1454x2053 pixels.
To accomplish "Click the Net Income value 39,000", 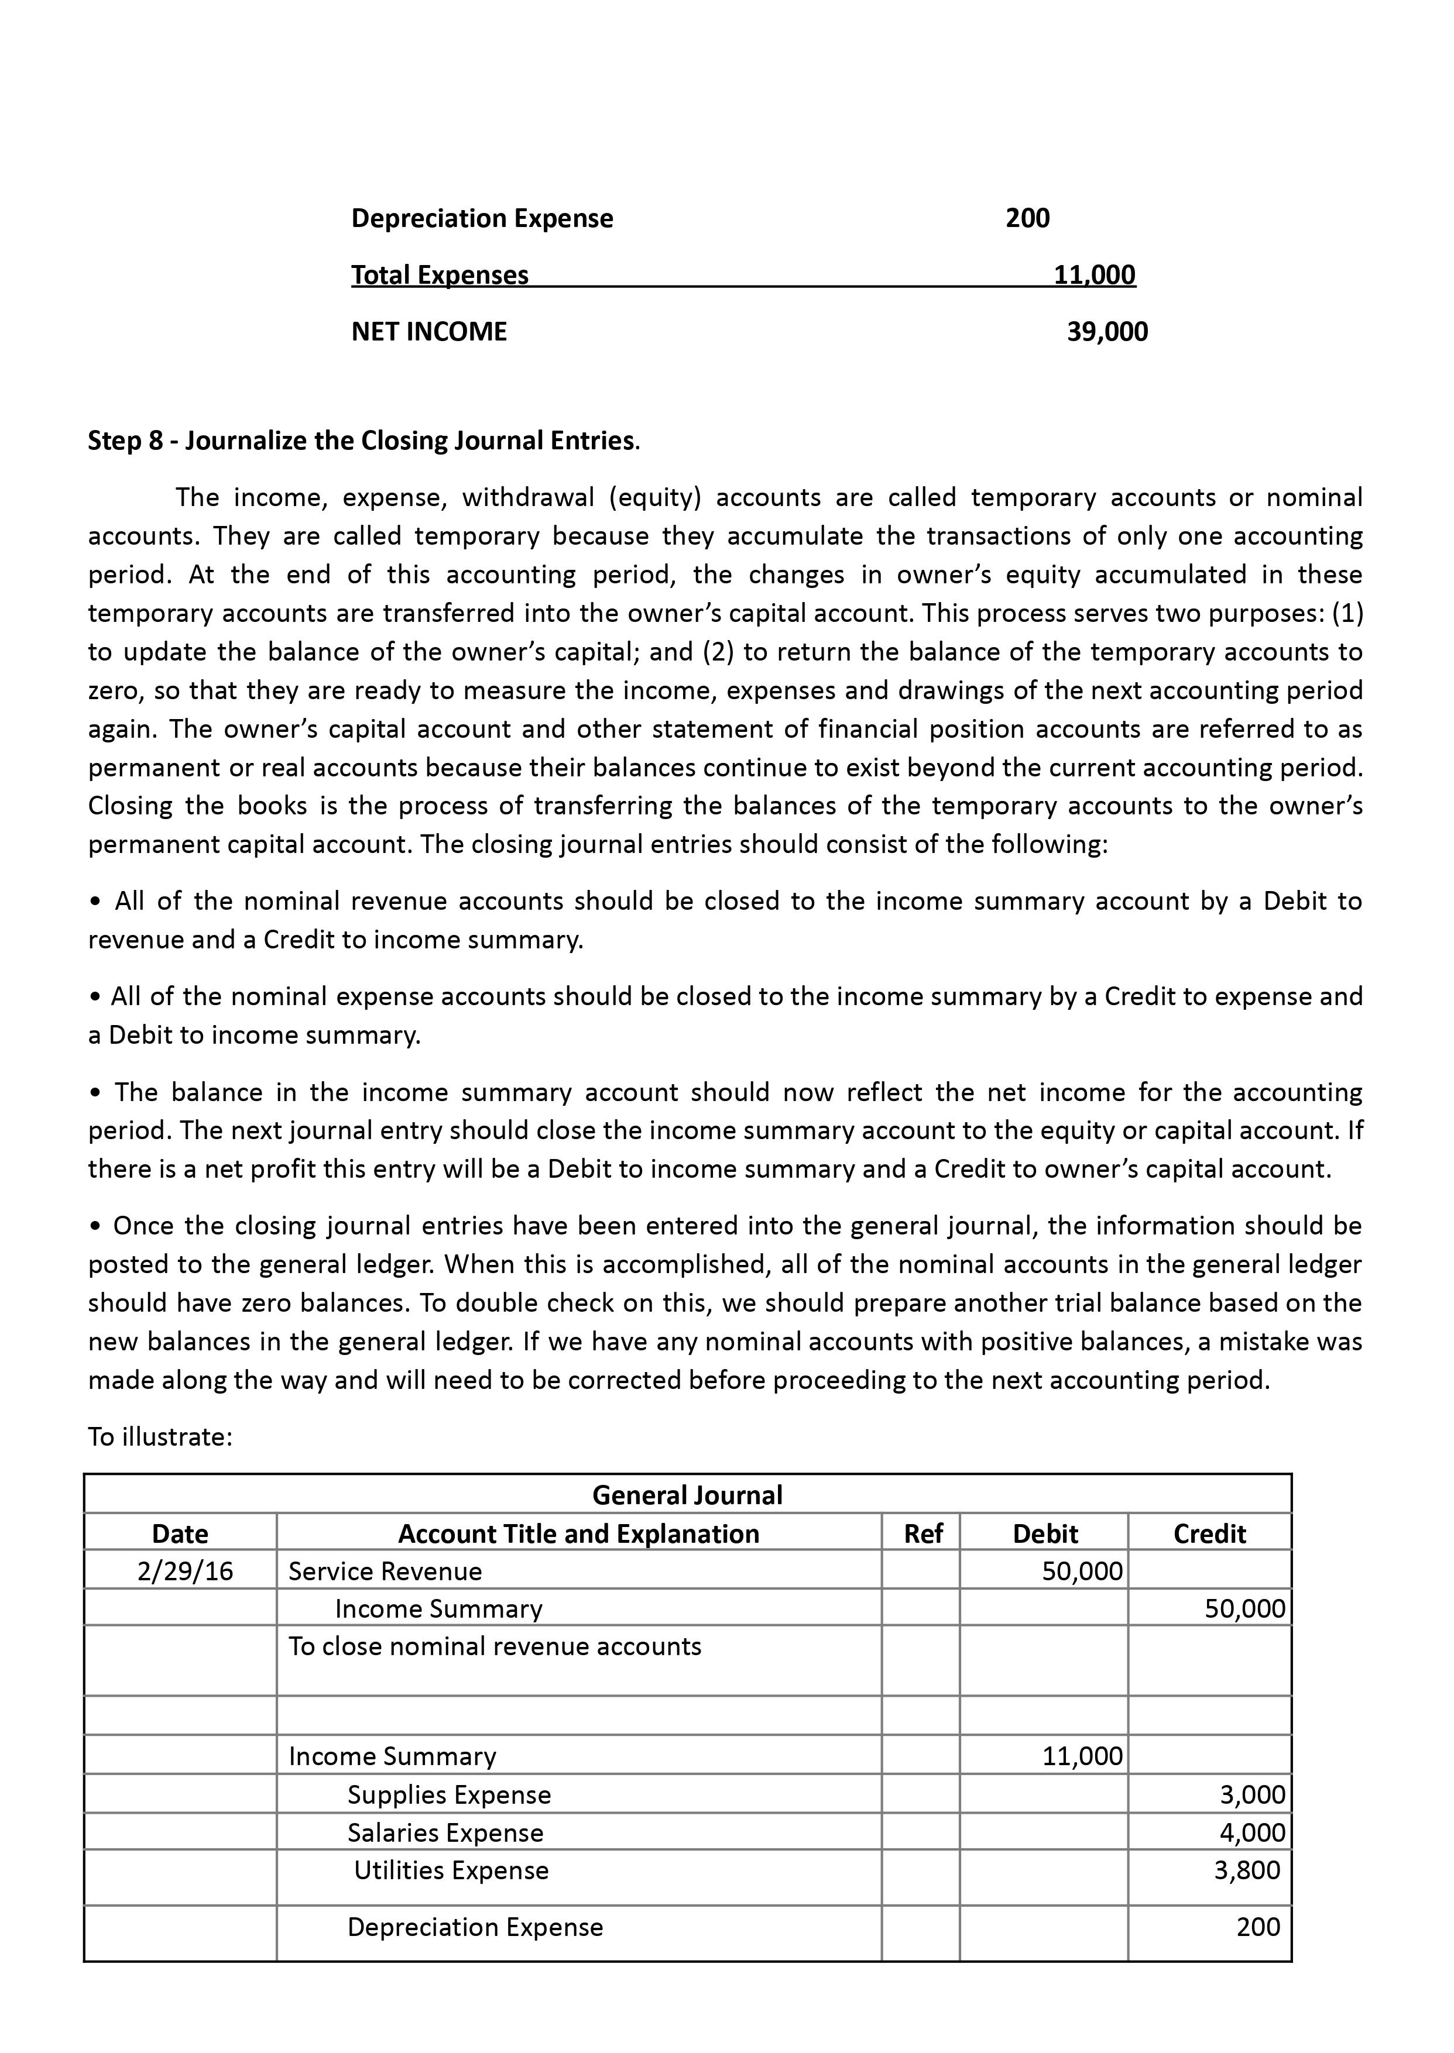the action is coord(1107,332).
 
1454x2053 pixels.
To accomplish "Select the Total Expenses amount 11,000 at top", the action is coord(1094,275).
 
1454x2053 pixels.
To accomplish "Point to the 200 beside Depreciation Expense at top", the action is coord(1027,218).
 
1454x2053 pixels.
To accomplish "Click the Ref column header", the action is coord(922,1534).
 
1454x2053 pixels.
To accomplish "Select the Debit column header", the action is coord(1045,1534).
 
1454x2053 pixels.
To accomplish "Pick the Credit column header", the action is coord(1209,1534).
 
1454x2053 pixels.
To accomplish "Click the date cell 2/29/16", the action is coord(184,1571).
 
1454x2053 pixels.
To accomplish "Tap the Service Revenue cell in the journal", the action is coord(385,1571).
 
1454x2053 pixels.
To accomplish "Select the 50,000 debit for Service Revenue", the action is coord(1082,1571).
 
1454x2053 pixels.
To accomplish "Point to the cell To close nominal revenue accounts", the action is coord(494,1647).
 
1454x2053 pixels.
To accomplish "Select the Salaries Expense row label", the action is coord(445,1833).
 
